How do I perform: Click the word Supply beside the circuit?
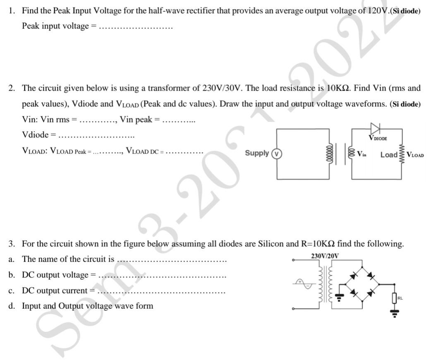point(256,153)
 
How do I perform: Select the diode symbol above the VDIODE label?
point(376,127)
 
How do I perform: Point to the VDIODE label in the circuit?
point(378,138)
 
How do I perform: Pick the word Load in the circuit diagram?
point(388,155)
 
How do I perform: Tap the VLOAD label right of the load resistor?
point(415,155)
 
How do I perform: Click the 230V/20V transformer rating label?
point(324,256)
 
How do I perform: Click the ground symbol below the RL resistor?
point(395,313)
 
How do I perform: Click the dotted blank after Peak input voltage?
point(136,27)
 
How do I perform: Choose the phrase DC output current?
point(55,290)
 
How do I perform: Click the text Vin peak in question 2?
point(136,120)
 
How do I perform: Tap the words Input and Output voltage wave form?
point(87,306)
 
